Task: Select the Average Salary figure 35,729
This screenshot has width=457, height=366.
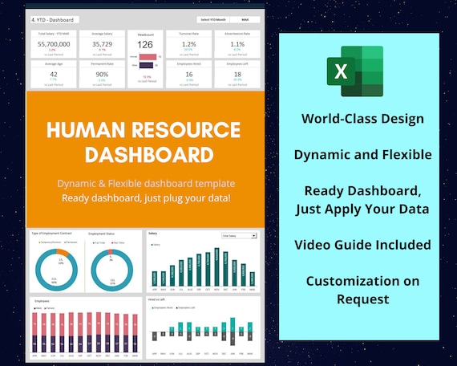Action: [101, 47]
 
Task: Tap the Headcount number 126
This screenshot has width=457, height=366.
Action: [146, 45]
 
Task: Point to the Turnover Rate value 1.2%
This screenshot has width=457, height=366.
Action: [190, 44]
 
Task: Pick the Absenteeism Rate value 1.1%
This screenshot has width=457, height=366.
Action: [237, 44]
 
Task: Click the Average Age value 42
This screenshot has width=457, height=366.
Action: [53, 73]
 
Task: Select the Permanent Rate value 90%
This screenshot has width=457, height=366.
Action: [101, 73]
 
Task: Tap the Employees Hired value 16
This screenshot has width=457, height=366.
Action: [190, 73]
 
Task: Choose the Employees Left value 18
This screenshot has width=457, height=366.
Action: [237, 73]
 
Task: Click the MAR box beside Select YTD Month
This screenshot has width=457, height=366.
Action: [244, 19]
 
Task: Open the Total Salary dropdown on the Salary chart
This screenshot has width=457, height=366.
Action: [240, 236]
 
